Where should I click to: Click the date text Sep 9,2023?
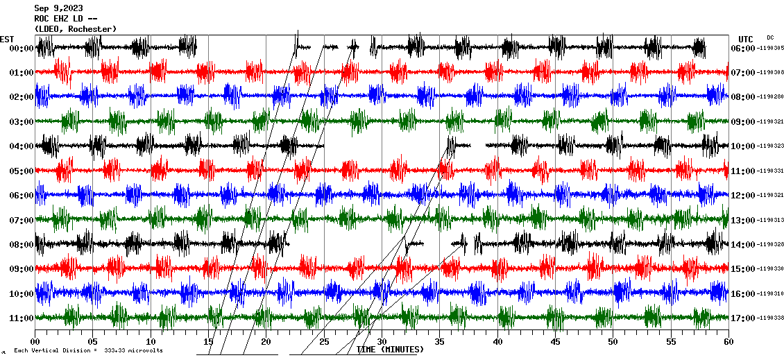(x=58, y=8)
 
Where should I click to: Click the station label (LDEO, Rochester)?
(x=76, y=28)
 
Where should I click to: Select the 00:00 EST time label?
(x=22, y=48)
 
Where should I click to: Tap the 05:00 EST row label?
(x=22, y=171)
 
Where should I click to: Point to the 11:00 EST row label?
(x=22, y=318)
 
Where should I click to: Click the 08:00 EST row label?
(x=22, y=244)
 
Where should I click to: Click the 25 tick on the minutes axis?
(x=324, y=341)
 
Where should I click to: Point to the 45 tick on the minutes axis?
(x=555, y=341)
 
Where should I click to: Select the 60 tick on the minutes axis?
(x=728, y=341)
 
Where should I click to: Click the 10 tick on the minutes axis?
(x=151, y=341)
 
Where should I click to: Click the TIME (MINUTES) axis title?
(x=390, y=350)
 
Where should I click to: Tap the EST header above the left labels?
(x=7, y=39)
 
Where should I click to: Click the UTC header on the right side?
(x=746, y=39)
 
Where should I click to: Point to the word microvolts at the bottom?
(x=144, y=350)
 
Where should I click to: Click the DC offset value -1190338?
(x=771, y=318)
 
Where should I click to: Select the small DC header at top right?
(x=770, y=37)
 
